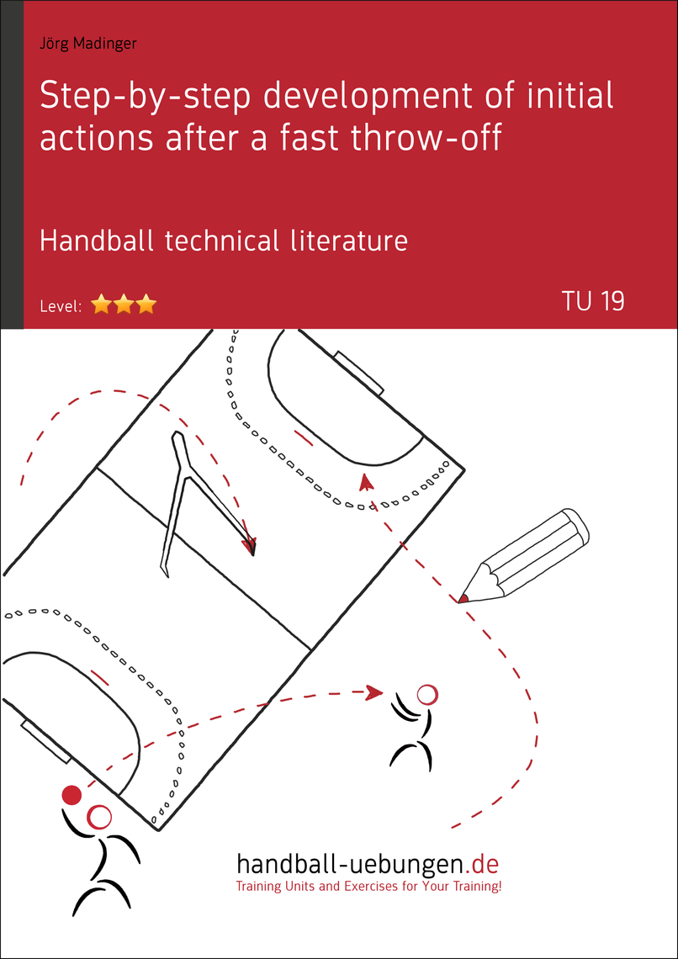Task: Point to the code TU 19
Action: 593,301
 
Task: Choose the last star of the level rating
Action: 146,305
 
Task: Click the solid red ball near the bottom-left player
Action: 72,794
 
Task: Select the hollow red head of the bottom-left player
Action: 100,816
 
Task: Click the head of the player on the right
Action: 427,694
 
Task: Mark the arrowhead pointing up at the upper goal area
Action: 365,481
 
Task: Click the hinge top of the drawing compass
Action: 177,437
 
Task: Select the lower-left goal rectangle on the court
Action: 46,740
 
